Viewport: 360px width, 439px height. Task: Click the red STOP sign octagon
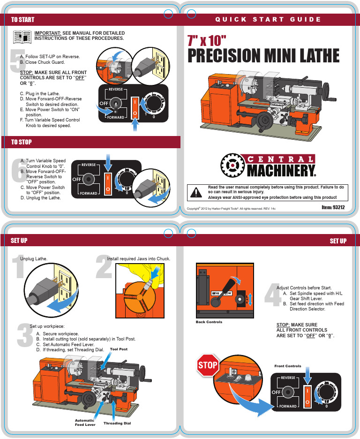208,365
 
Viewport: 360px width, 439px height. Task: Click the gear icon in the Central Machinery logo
231,165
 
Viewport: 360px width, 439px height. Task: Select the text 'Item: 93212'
334,207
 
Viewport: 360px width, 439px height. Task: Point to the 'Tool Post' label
119,349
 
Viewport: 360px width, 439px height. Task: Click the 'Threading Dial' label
117,423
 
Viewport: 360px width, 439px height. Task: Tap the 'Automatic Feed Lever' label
85,423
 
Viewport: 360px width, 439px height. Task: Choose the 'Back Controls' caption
209,322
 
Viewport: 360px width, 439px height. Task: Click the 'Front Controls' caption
287,366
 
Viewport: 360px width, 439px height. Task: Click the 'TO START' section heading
22,19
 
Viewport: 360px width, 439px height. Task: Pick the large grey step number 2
104,267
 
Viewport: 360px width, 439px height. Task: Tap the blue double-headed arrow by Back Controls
250,299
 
